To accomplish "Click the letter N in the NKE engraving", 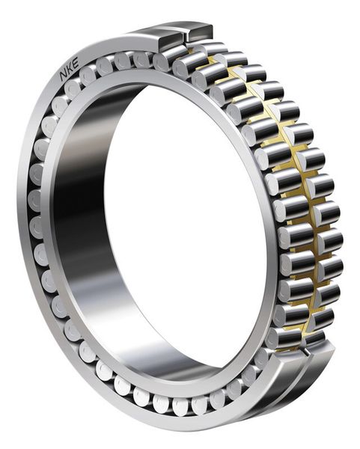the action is [64, 76].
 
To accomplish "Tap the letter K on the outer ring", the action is [70, 69].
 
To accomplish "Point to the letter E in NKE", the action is [75, 63].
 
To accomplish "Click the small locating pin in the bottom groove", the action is [307, 352].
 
